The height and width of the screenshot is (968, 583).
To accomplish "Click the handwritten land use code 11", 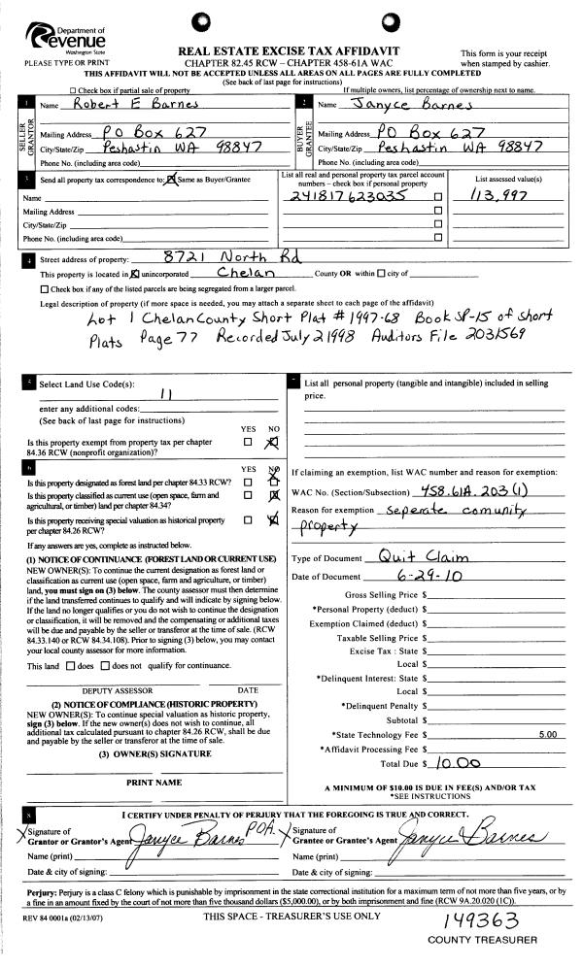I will pyautogui.click(x=165, y=393).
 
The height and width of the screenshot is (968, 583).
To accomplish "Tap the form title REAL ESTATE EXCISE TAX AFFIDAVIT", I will pyautogui.click(x=291, y=50).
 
